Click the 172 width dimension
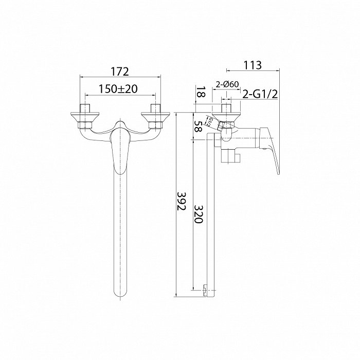120,71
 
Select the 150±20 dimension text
118,89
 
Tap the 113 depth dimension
253,65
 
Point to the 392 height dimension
182,202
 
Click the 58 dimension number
198,126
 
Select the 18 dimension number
201,92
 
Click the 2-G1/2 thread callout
260,94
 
